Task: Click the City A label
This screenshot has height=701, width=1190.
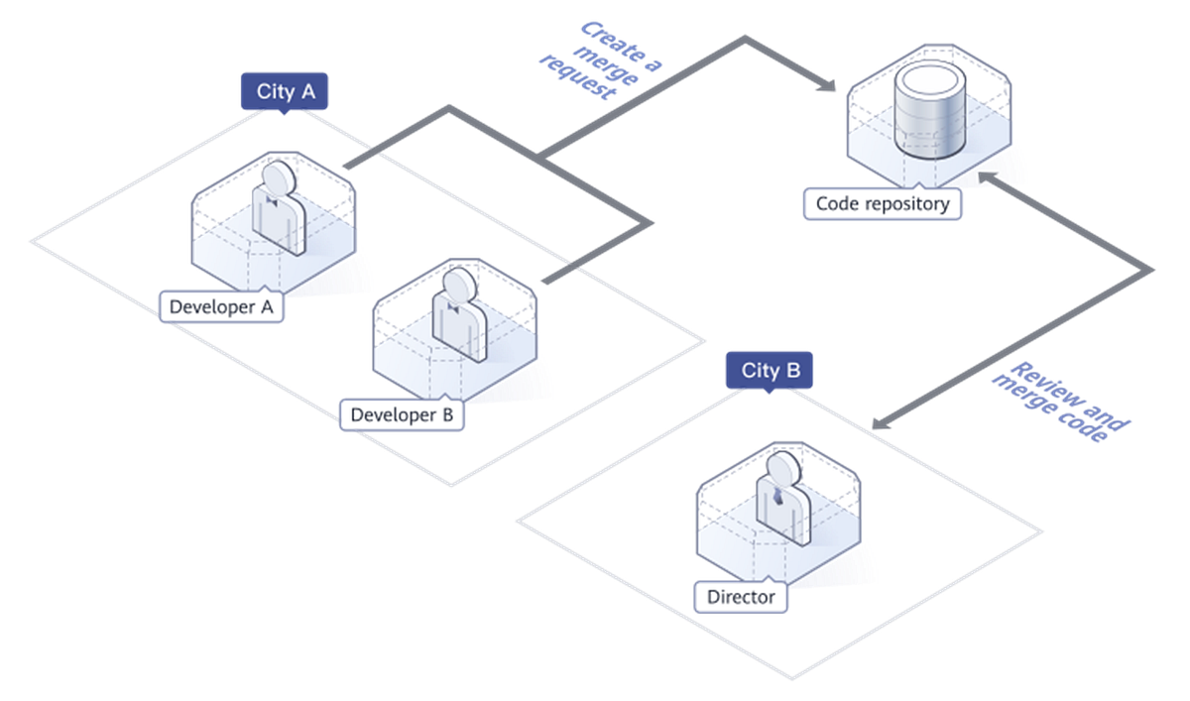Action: pos(286,92)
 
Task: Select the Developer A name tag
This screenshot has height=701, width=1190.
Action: pos(221,306)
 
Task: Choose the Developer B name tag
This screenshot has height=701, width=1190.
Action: pos(402,414)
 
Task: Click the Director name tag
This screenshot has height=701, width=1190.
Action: pos(741,598)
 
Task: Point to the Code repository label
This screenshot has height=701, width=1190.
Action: pos(882,204)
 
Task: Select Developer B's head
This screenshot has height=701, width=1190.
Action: pos(457,286)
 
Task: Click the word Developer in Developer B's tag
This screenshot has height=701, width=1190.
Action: pos(389,414)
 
